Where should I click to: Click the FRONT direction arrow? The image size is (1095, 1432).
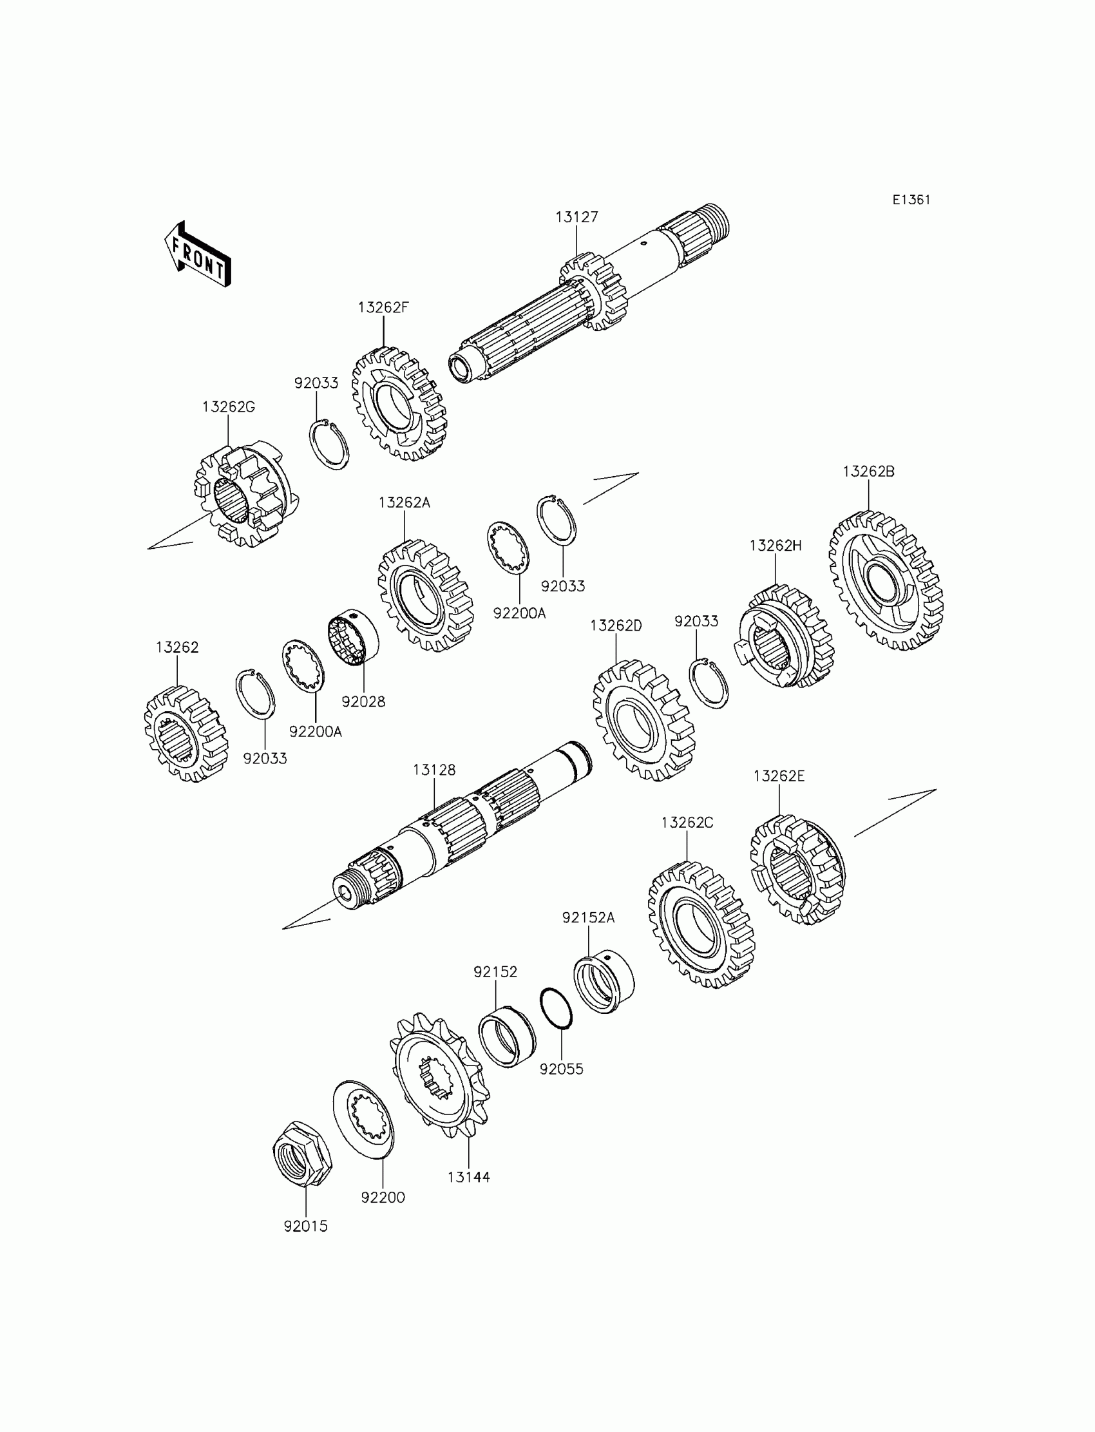tap(198, 255)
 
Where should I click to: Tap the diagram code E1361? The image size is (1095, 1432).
tap(911, 200)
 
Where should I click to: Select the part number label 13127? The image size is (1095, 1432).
tap(576, 217)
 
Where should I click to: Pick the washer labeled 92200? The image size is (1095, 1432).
tap(364, 1119)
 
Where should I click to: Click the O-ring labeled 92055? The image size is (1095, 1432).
tap(556, 1008)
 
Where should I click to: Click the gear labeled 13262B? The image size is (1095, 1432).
tap(886, 580)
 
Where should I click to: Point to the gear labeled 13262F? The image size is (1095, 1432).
tap(399, 403)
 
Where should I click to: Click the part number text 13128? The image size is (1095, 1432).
tap(434, 770)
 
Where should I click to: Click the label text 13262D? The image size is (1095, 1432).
tap(616, 625)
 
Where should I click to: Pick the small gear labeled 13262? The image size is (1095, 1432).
tap(185, 733)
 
